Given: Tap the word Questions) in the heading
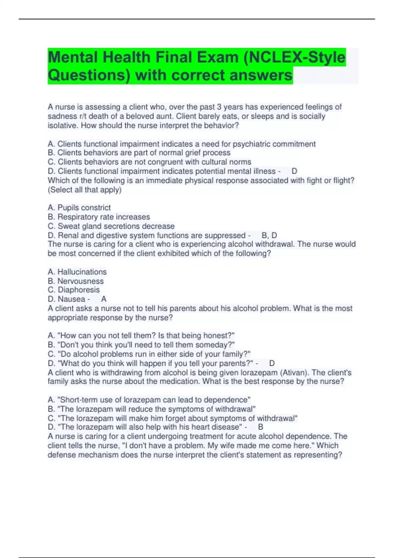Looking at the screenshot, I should tap(89, 75).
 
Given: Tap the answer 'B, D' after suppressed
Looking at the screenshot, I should tap(269, 235).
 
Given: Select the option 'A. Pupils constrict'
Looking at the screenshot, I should tap(79, 207).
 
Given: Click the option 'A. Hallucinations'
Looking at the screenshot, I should tap(77, 272).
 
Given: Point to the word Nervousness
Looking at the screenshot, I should tap(80, 281).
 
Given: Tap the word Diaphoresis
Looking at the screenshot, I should tap(79, 290).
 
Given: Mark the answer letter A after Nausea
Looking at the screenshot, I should tap(104, 299).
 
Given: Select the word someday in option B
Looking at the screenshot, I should tap(215, 345).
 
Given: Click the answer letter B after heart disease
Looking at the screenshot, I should tap(261, 427).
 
